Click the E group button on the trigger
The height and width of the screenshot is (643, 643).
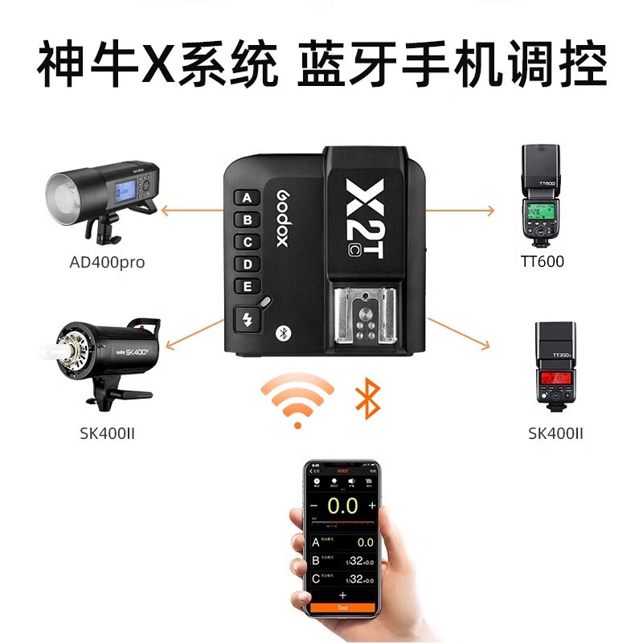247,286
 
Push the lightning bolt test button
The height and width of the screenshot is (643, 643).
248,321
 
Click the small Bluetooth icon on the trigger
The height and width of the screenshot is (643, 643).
282,332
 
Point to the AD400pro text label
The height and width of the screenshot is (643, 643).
107,262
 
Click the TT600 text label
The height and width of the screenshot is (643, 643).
543,261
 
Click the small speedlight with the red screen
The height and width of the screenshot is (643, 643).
555,366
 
